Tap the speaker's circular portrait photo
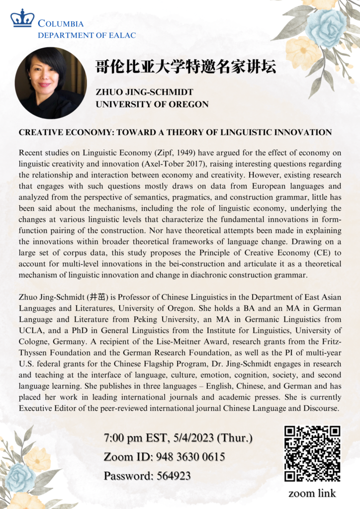click(x=50, y=83)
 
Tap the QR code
click(x=312, y=453)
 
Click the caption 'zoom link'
click(x=312, y=493)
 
